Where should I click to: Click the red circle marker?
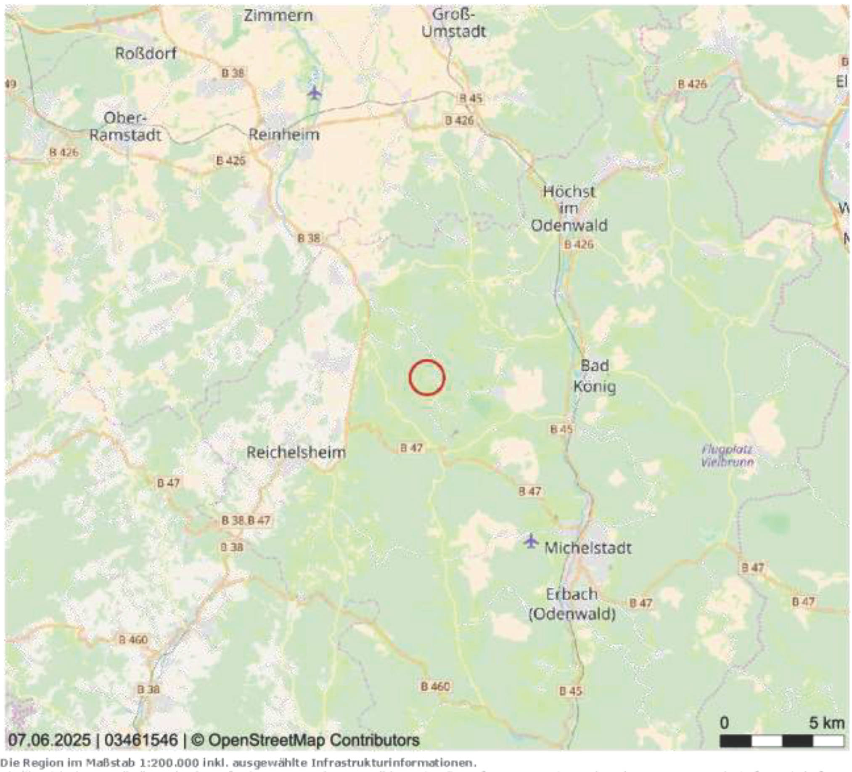click(x=427, y=377)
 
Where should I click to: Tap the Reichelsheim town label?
click(x=296, y=453)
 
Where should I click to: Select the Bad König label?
click(x=595, y=376)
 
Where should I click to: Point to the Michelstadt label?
click(x=588, y=548)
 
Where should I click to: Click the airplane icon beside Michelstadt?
click(x=531, y=541)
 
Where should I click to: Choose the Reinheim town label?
click(x=283, y=135)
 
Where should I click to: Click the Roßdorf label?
click(x=146, y=54)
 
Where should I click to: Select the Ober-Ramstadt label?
click(x=125, y=126)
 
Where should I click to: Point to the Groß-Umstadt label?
click(x=454, y=23)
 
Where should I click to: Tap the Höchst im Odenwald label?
click(x=569, y=208)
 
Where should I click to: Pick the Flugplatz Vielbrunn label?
click(x=727, y=456)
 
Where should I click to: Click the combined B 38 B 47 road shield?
click(x=246, y=520)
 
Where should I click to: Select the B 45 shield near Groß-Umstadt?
click(x=471, y=98)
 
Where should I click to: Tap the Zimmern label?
click(x=278, y=16)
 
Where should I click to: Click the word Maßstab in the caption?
click(x=101, y=763)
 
